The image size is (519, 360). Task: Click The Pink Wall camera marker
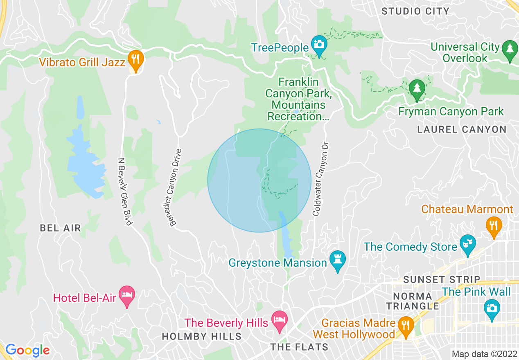pyautogui.click(x=491, y=308)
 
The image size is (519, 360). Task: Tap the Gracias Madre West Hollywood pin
pyautogui.click(x=405, y=326)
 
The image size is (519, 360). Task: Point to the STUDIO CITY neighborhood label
pyautogui.click(x=415, y=11)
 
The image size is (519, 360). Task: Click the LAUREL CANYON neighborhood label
pyautogui.click(x=462, y=130)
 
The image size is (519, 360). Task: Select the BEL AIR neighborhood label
pyautogui.click(x=60, y=228)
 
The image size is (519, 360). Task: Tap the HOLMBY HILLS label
pyautogui.click(x=201, y=336)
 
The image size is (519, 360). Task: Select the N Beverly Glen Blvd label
pyautogui.click(x=125, y=191)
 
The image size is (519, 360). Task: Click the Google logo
pyautogui.click(x=27, y=350)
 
